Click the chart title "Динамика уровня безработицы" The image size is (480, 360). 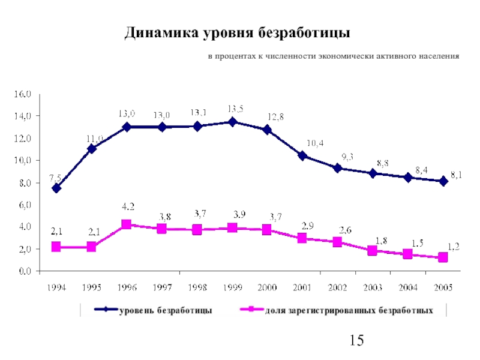[237, 32]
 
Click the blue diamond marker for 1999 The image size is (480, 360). [232, 122]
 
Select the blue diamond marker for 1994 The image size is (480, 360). [56, 188]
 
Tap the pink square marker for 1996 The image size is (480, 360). [127, 224]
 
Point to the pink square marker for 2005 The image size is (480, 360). [443, 257]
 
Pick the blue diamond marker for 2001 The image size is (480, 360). [302, 156]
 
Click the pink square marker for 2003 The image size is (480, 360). [373, 251]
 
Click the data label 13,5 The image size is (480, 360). [235, 109]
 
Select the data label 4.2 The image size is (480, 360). [128, 207]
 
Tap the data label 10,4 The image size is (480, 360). [315, 143]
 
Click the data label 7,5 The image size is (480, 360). [55, 177]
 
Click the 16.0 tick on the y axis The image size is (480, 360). [23, 94]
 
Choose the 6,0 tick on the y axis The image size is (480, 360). [23, 205]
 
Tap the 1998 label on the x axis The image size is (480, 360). [197, 287]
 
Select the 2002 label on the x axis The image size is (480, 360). [337, 287]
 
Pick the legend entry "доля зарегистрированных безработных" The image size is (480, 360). [349, 310]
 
